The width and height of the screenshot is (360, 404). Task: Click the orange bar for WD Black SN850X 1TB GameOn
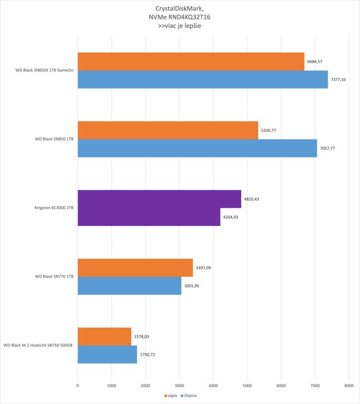191,61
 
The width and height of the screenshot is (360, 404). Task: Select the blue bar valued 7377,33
203,79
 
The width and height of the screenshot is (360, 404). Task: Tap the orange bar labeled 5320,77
168,130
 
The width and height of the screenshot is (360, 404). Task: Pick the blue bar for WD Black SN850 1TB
197,148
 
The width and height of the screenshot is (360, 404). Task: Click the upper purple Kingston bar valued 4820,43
159,199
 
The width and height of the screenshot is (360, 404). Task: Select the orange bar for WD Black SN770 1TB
135,267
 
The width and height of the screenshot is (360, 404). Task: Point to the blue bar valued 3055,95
129,285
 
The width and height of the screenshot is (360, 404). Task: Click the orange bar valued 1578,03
104,336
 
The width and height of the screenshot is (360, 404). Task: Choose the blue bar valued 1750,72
107,354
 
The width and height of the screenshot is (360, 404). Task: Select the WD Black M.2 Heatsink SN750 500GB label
38,345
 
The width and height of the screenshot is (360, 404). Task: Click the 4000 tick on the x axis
213,384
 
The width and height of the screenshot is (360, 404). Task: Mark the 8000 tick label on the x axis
349,384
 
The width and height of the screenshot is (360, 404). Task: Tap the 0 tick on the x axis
78,384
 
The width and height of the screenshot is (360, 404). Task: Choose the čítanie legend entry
188,396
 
